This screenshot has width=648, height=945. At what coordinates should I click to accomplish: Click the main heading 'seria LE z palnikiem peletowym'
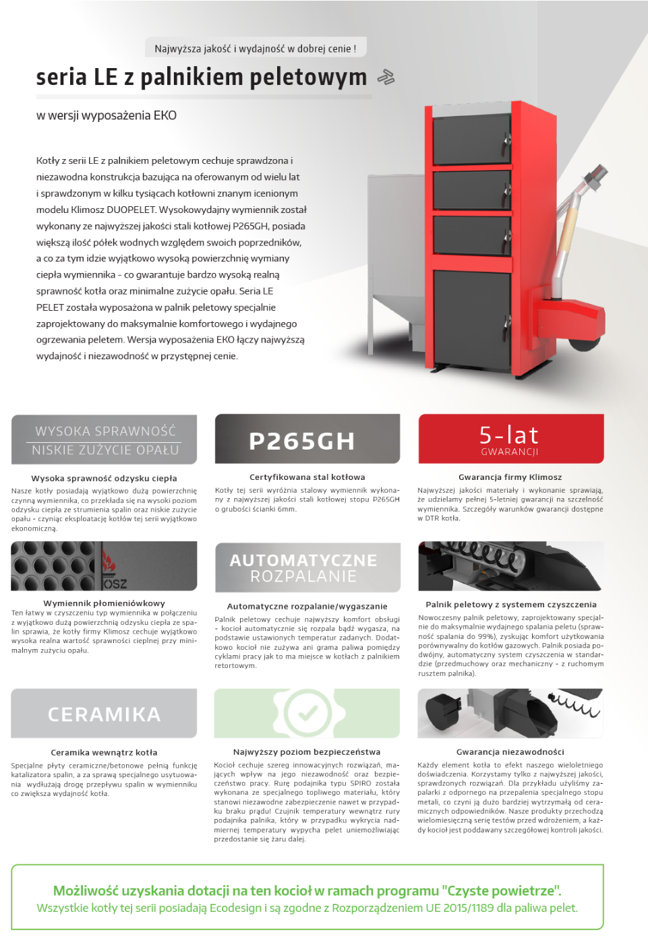201,78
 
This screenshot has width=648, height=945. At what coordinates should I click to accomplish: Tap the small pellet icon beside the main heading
386,78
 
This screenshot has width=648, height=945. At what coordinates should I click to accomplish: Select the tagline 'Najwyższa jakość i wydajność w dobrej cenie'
256,49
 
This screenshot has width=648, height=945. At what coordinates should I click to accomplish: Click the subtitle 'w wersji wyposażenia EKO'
107,115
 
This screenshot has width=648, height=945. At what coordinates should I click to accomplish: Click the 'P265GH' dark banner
307,439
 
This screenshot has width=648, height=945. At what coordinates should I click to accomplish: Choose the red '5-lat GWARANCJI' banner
510,439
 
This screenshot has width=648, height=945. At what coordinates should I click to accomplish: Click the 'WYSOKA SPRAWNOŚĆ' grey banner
105,439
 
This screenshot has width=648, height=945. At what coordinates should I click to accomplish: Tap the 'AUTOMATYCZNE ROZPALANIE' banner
307,568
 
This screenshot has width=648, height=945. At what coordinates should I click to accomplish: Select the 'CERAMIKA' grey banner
105,714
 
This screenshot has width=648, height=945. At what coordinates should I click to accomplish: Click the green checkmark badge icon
307,712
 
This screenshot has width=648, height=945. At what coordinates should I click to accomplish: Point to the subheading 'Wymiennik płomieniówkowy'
104,603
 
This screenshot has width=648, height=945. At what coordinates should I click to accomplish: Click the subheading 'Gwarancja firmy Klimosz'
510,477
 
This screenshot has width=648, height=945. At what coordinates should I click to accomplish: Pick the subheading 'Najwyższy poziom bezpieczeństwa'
307,752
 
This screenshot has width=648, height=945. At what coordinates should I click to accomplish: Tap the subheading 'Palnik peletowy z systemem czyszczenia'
510,605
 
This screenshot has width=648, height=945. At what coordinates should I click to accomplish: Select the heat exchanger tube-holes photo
104,566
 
